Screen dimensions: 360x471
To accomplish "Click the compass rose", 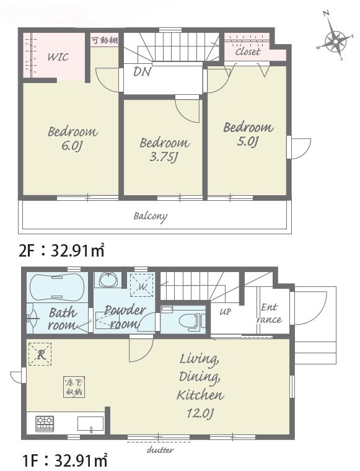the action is coord(335,40).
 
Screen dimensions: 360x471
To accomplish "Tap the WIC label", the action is coord(58,57).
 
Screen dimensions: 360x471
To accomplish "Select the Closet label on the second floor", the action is coord(248,51).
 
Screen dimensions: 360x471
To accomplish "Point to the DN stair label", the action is coord(143,71).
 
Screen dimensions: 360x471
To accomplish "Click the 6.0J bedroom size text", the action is coord(72,146).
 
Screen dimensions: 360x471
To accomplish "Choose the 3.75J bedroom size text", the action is coord(163,157).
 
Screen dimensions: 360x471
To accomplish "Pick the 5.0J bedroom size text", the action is coord(247,141).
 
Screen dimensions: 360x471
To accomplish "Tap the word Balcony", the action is coord(151,216).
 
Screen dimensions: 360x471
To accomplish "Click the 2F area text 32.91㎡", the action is coord(78,251).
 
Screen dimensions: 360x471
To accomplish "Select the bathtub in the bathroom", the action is coord(57,287).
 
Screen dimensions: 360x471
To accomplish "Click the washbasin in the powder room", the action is coord(109,280).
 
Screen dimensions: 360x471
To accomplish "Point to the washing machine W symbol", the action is coord(142,284).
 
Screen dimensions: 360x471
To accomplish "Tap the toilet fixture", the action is coord(192,321).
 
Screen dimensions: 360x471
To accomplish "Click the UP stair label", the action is coord(225,312).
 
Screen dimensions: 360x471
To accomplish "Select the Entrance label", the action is coord(270,314).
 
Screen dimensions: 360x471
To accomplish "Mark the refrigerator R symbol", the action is coord(40,354).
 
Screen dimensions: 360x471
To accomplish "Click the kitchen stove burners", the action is coord(45,423).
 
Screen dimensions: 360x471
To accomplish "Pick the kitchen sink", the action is coord(90,424).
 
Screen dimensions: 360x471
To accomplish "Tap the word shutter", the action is coord(160,450).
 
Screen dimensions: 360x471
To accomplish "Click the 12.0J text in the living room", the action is coord(200,413).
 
